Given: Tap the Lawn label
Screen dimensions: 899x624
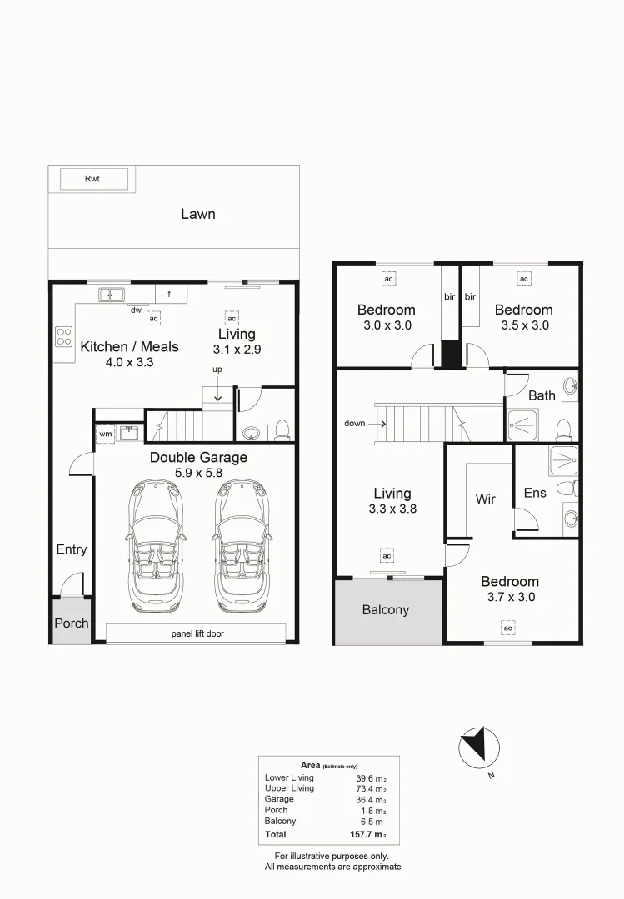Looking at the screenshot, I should point(198,214).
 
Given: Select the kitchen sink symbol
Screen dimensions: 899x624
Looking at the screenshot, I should point(111,294).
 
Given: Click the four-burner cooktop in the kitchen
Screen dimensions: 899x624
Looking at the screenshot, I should point(63,336).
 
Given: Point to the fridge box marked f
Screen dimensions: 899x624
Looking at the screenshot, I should point(170,294).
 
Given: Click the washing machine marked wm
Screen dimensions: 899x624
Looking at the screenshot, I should point(105,434).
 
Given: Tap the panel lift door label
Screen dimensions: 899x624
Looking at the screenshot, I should point(197,633).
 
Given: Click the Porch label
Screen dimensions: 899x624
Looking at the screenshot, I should point(72,623).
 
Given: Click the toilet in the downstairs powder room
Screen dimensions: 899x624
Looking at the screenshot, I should point(282,429).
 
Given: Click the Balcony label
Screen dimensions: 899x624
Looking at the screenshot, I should point(386,610).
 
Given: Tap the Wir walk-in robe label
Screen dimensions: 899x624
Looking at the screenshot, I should point(485,499).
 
